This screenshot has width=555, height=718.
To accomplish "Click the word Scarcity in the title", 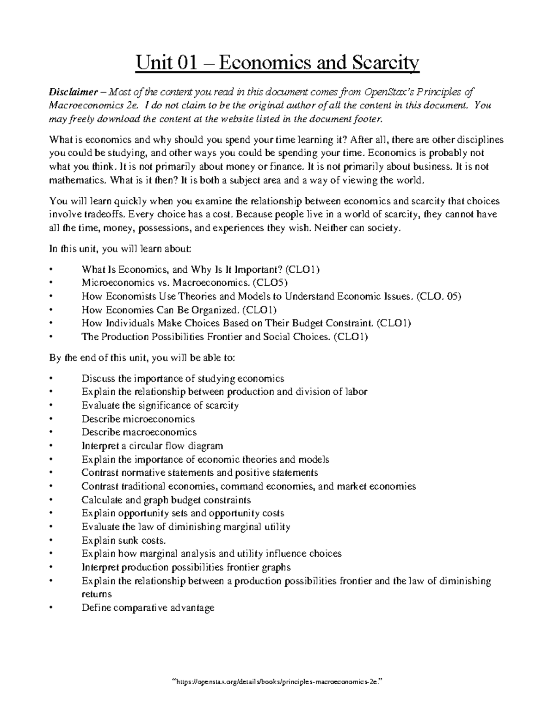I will pos(384,62).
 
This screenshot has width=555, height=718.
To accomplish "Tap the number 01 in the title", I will pos(182,62).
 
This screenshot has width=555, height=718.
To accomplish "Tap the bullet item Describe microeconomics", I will pos(138,419).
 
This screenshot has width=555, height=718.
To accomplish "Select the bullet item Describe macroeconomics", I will pos(139,432).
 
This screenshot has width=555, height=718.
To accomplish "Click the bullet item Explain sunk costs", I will pos(123,540).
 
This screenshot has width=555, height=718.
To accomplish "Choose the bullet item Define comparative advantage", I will pos(148,608).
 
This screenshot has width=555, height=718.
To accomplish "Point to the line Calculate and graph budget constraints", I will pos(166,500).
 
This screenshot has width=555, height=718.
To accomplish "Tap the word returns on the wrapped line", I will pos(97,594).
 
